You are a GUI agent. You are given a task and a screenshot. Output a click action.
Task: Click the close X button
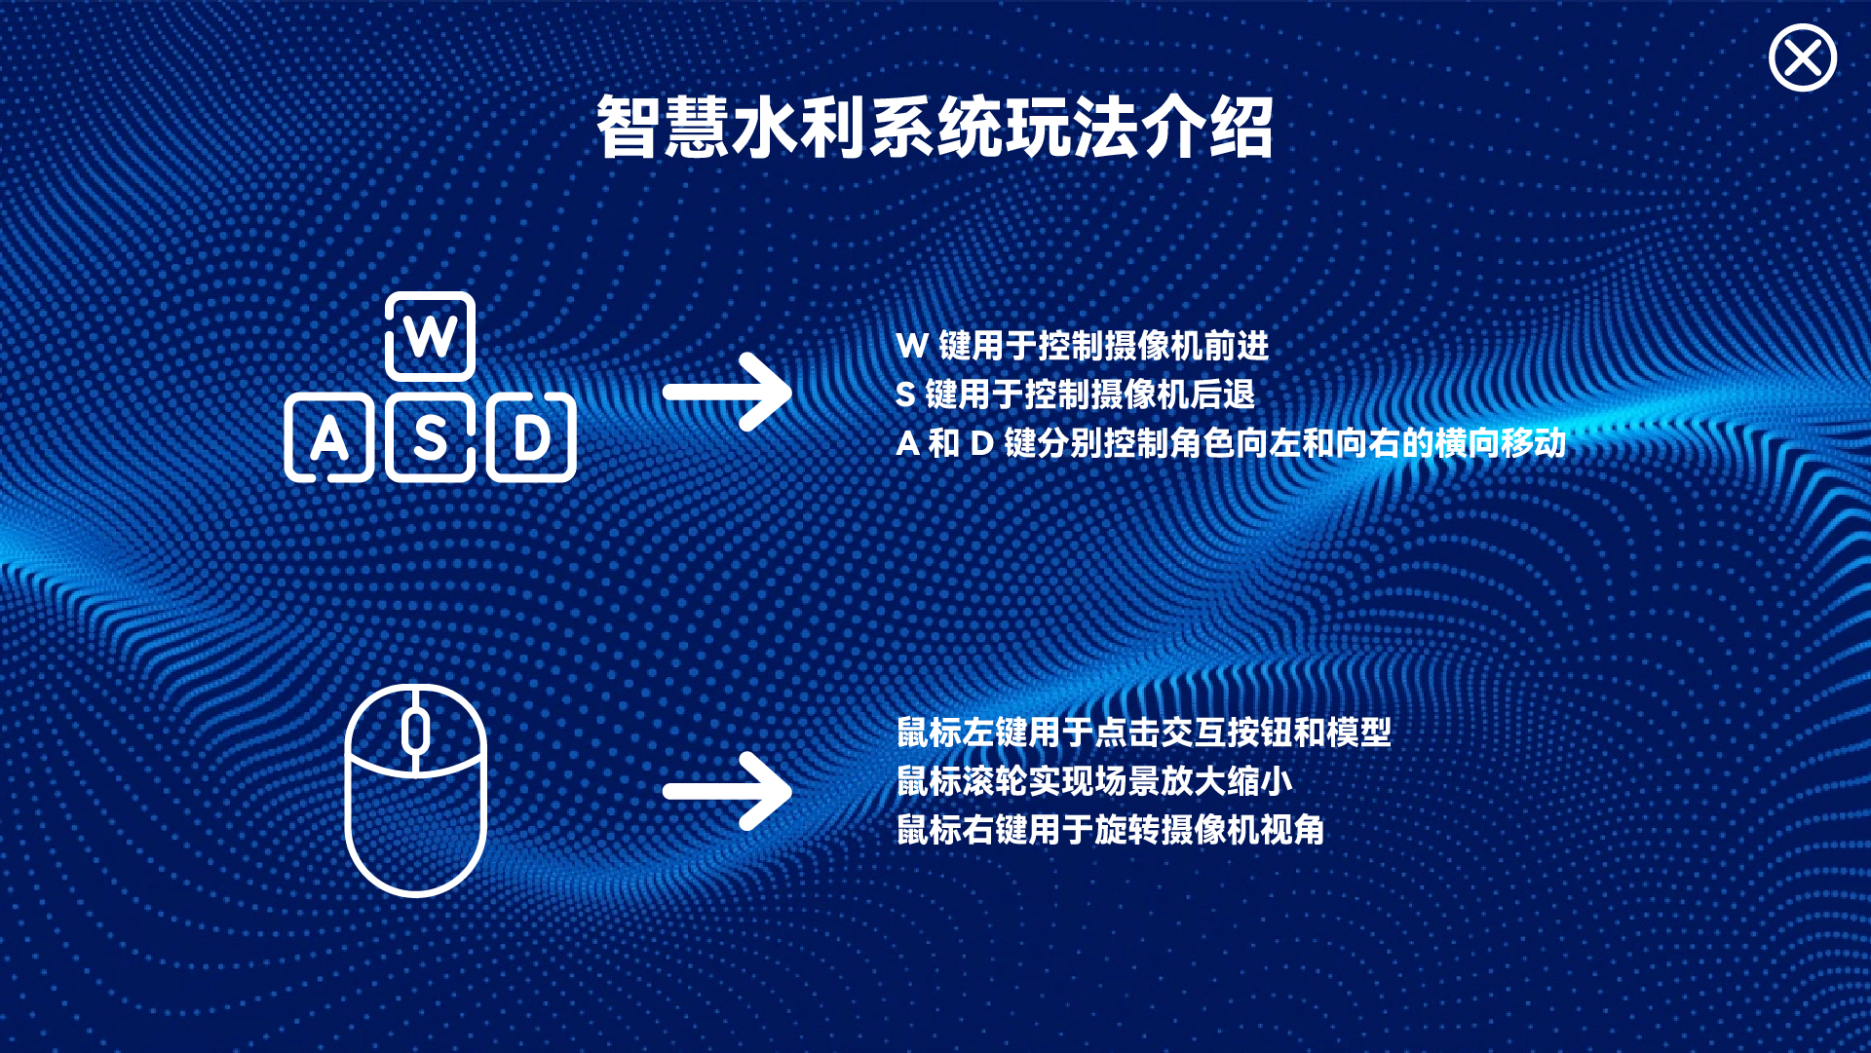tap(1803, 58)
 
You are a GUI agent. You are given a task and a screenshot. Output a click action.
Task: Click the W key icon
tap(430, 336)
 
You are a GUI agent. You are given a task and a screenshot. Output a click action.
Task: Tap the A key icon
tap(329, 437)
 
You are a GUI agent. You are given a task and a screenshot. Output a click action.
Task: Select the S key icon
tap(430, 437)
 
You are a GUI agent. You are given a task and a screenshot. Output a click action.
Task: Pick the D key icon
tap(531, 437)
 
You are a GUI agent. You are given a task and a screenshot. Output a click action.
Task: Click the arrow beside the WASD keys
tap(727, 392)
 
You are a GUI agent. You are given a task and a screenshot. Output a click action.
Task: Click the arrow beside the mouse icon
tap(727, 791)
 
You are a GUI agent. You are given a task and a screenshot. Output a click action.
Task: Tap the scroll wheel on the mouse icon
tap(416, 732)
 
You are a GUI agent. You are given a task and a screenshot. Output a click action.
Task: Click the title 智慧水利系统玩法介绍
tap(935, 128)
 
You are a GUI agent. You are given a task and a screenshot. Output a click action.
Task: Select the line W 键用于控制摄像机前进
tap(1083, 346)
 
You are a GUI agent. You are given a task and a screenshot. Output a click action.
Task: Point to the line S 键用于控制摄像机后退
tap(1076, 395)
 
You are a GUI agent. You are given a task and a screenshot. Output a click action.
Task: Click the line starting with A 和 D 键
tap(1231, 443)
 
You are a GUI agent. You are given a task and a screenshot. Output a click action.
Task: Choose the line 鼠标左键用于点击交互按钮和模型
tap(1144, 733)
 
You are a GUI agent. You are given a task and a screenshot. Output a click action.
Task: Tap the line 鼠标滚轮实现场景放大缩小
tap(1094, 781)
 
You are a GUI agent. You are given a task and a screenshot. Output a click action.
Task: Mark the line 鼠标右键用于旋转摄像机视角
tap(1111, 830)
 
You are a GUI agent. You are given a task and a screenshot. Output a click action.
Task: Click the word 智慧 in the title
tap(663, 128)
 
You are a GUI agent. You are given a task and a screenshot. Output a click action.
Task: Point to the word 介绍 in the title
tap(1207, 128)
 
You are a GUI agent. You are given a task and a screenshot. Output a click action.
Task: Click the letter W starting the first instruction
tap(912, 346)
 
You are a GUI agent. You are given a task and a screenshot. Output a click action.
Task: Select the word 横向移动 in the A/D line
tap(1501, 443)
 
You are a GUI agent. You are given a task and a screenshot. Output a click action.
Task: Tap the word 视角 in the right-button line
tap(1293, 830)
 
